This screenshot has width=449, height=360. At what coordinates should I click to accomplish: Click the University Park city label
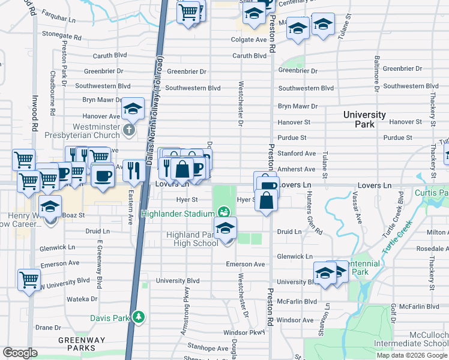pyautogui.click(x=364, y=119)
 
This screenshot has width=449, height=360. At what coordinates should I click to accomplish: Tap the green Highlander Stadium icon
pyautogui.click(x=224, y=212)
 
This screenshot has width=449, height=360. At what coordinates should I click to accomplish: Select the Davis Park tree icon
pyautogui.click(x=139, y=316)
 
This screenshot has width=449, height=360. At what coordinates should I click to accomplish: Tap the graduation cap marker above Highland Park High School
pyautogui.click(x=226, y=228)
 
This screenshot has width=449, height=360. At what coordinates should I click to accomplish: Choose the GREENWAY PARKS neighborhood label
pyautogui.click(x=77, y=344)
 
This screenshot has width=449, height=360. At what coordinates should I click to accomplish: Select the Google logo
pyautogui.click(x=19, y=353)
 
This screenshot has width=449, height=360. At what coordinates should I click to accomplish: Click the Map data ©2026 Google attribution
pyautogui.click(x=412, y=355)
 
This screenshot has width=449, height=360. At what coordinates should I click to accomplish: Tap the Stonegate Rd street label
pyautogui.click(x=62, y=34)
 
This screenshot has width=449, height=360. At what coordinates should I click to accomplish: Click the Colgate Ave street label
pyautogui.click(x=249, y=40)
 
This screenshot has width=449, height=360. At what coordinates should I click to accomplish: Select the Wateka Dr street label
pyautogui.click(x=77, y=298)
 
